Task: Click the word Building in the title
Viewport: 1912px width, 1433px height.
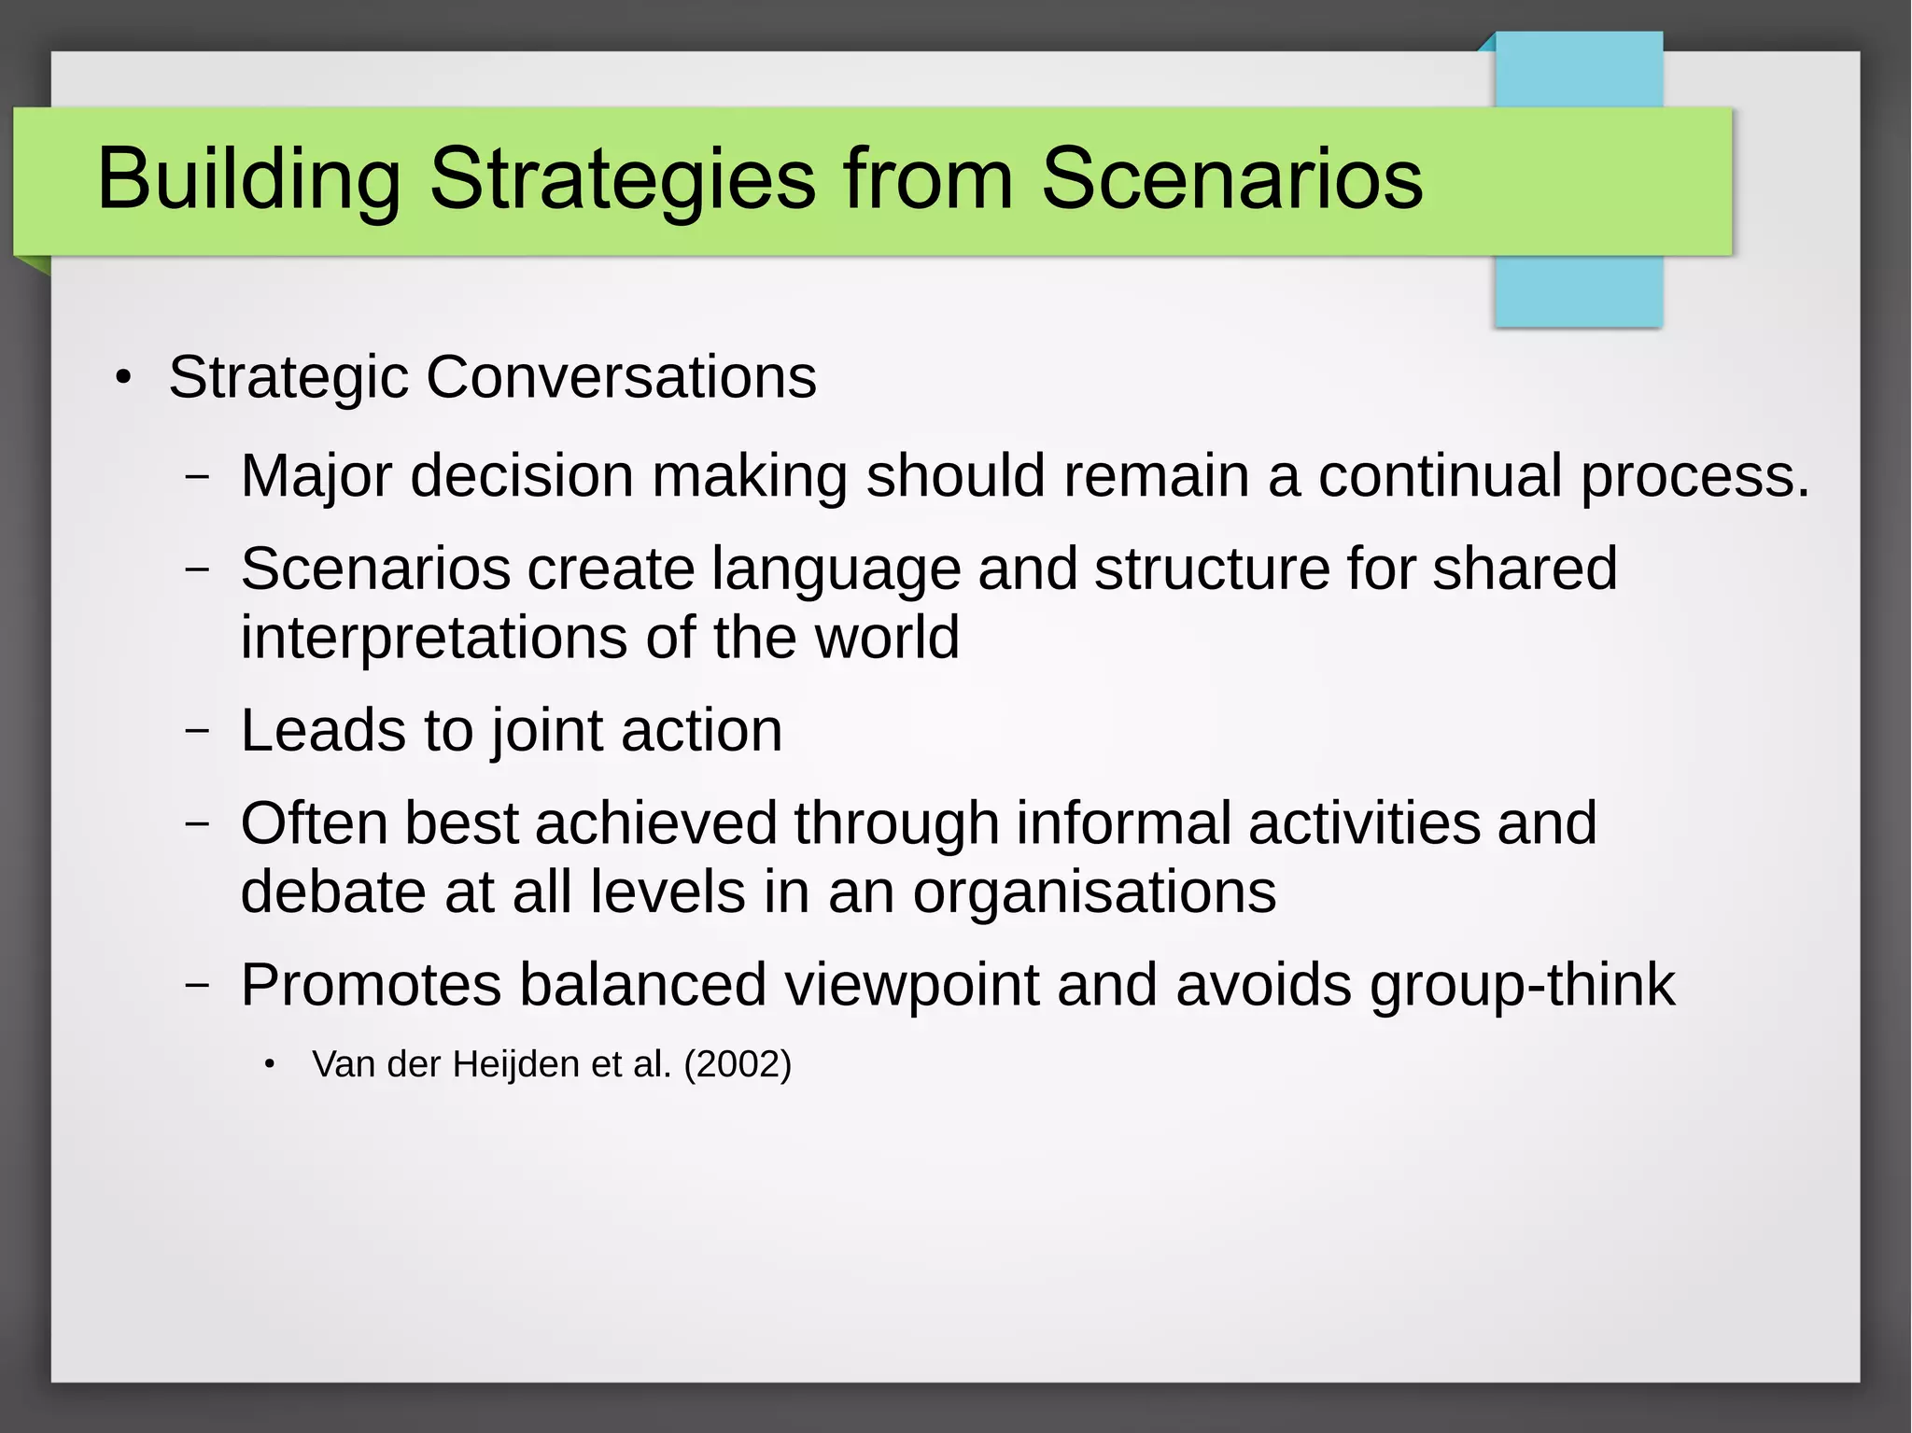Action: [x=248, y=179]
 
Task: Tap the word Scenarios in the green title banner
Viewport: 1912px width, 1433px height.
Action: [x=1231, y=179]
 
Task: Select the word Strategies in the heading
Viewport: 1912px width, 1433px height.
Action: [x=623, y=179]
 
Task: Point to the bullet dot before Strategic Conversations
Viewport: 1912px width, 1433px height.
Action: [x=123, y=379]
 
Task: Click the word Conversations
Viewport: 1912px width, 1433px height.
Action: [x=621, y=377]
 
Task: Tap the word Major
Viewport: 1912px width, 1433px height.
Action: [x=316, y=476]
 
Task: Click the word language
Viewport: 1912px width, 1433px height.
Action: [x=836, y=569]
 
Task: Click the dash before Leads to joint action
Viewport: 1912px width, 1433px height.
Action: [x=197, y=730]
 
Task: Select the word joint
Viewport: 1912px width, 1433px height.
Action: [x=547, y=731]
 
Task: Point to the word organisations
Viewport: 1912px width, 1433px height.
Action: [x=1093, y=892]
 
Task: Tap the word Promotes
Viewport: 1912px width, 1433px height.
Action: [x=371, y=985]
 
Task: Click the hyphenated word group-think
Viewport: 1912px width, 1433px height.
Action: [x=1522, y=985]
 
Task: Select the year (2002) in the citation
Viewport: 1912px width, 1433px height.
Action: [x=738, y=1064]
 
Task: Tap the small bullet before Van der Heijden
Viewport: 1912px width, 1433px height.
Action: [x=269, y=1064]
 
